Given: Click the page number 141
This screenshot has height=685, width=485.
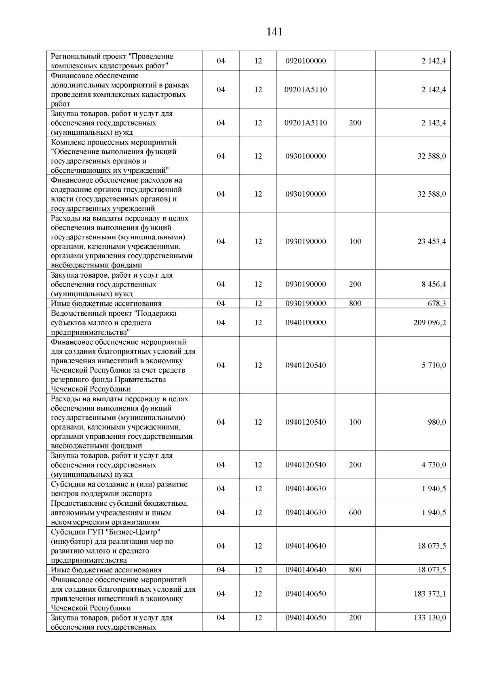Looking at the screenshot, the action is pos(274,32).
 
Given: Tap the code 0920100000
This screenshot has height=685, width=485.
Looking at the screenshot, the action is pos(305,61).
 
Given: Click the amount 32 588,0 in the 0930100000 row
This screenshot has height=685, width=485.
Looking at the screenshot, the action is pos(432,156).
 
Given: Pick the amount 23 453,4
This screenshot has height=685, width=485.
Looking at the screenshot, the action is pos(432,241).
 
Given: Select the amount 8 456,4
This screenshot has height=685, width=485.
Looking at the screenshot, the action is pos(434,284).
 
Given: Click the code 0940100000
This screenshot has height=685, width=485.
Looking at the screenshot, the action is pos(305,323).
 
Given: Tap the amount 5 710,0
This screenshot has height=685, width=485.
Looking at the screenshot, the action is pos(434,365).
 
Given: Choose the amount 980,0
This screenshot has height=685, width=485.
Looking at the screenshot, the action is pos(436,422).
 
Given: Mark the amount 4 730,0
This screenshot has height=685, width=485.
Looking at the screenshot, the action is pos(434,465).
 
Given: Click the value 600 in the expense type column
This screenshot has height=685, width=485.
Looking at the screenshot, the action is pos(355,513).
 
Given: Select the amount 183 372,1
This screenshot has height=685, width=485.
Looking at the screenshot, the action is pos(430,594).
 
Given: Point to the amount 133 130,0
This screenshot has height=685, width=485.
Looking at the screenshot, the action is pos(430,618).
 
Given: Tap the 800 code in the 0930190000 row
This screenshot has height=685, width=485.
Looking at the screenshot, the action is pos(355,304).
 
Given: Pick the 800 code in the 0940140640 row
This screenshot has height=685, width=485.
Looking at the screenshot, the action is pos(355,570).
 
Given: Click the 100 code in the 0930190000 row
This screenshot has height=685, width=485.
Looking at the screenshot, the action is pos(355,241).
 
